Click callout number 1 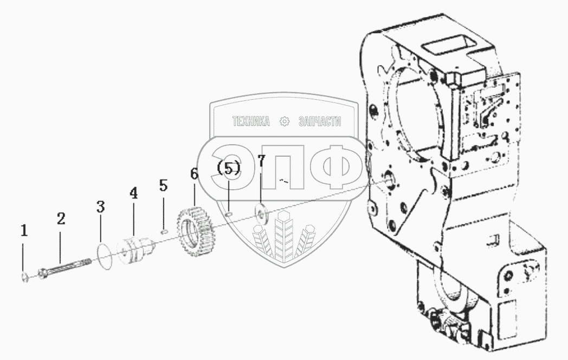click(24, 231)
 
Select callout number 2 click(61, 218)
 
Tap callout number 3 click(100, 207)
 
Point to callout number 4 click(133, 193)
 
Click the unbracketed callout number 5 click(164, 185)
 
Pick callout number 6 click(194, 175)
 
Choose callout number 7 click(261, 160)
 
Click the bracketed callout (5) click(228, 168)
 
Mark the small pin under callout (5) click(230, 214)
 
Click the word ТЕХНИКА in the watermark click(251, 122)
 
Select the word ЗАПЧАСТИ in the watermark click(320, 122)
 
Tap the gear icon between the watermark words click(285, 122)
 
